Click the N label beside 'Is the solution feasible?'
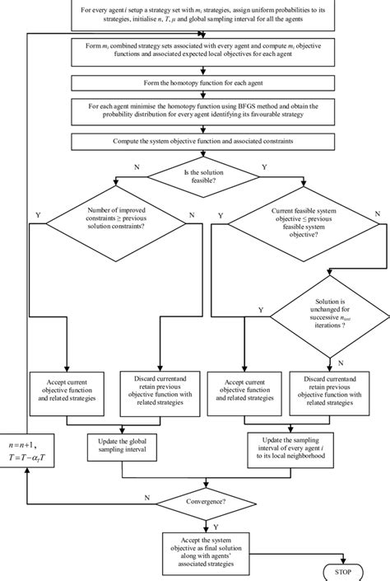[136, 166]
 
